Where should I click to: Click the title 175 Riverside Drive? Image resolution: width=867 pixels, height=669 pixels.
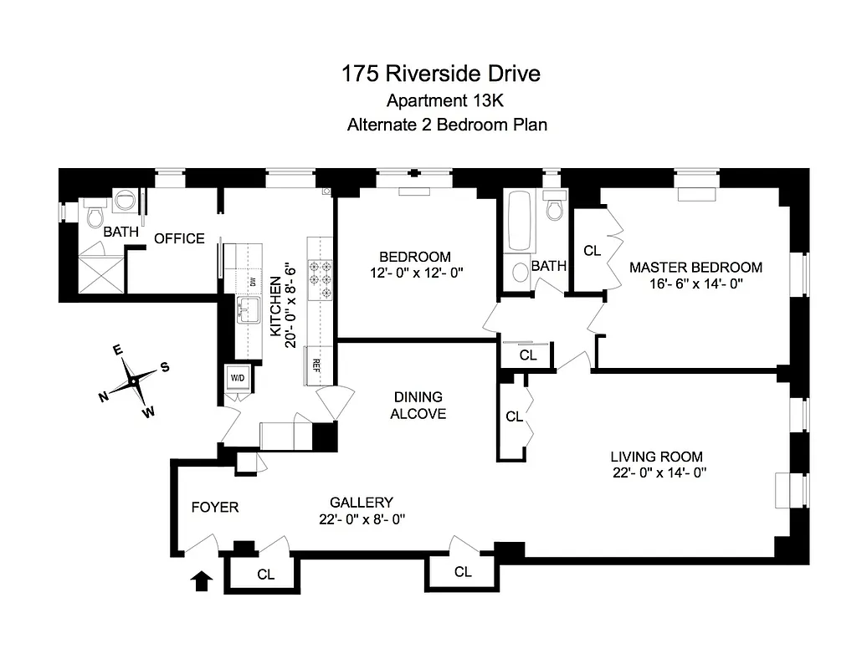pyautogui.click(x=440, y=74)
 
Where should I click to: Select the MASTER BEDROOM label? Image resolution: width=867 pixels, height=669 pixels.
pyautogui.click(x=695, y=268)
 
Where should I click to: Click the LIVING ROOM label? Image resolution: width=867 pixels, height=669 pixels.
pyautogui.click(x=656, y=457)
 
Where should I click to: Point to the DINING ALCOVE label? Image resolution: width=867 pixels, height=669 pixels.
pyautogui.click(x=418, y=405)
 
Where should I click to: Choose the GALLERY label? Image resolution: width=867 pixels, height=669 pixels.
pyautogui.click(x=361, y=503)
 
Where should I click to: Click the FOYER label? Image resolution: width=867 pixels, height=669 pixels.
pyautogui.click(x=215, y=507)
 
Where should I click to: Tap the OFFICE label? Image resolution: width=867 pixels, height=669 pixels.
pyautogui.click(x=179, y=238)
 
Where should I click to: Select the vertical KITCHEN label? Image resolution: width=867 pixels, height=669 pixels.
pyautogui.click(x=274, y=307)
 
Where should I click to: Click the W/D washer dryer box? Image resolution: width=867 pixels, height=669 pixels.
pyautogui.click(x=238, y=378)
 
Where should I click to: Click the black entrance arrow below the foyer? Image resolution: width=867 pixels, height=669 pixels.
pyautogui.click(x=202, y=580)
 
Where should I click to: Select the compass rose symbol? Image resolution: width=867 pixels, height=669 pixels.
pyautogui.click(x=134, y=381)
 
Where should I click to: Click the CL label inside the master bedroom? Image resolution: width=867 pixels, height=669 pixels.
pyautogui.click(x=593, y=249)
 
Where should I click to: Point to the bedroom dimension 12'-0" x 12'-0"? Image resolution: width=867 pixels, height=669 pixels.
pyautogui.click(x=414, y=273)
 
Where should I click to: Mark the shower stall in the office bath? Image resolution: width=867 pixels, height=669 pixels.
pyautogui.click(x=100, y=273)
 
